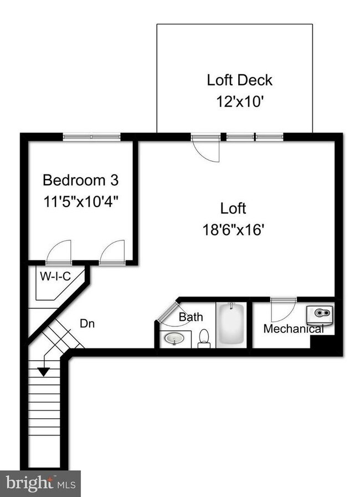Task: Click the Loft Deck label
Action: pos(239,80)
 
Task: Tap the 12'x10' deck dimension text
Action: pos(239,102)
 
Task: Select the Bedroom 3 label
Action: pos(81,180)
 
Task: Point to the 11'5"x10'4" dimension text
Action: pos(81,201)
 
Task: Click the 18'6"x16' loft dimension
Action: pos(233,229)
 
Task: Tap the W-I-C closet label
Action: pos(55,275)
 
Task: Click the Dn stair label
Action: pos(87,323)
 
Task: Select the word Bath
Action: pos(191,317)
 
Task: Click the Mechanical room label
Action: pos(294,329)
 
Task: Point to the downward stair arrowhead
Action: pos(43,372)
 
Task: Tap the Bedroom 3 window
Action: pos(91,136)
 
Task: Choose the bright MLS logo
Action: pos(40,483)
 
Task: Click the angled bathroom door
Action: pos(167,314)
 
